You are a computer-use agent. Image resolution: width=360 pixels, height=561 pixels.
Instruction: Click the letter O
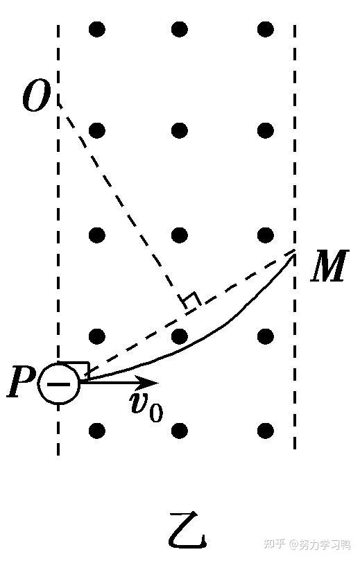[36, 96]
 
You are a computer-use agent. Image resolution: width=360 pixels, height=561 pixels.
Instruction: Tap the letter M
[329, 265]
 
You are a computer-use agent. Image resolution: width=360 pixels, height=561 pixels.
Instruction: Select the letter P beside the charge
[21, 381]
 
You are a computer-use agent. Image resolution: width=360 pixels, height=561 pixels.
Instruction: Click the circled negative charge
[59, 383]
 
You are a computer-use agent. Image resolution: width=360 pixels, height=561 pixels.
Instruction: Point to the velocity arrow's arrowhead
[151, 383]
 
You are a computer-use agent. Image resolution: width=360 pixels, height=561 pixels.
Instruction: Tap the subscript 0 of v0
[155, 413]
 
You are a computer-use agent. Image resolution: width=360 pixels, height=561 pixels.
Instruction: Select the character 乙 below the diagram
[187, 530]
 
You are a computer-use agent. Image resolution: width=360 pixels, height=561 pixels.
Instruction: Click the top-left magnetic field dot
[96, 29]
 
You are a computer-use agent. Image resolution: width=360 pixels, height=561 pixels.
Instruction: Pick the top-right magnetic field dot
[266, 29]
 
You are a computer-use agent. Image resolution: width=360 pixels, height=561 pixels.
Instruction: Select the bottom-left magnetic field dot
[96, 431]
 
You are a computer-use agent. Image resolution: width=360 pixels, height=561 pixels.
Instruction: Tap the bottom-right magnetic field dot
[266, 431]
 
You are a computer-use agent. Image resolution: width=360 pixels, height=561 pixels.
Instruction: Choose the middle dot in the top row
[180, 29]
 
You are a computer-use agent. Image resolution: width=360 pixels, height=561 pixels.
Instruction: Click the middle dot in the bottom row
[180, 431]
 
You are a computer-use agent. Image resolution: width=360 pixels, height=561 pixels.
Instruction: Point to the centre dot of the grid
[180, 235]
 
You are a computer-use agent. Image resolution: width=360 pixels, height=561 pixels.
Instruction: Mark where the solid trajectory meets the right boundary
[295, 251]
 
